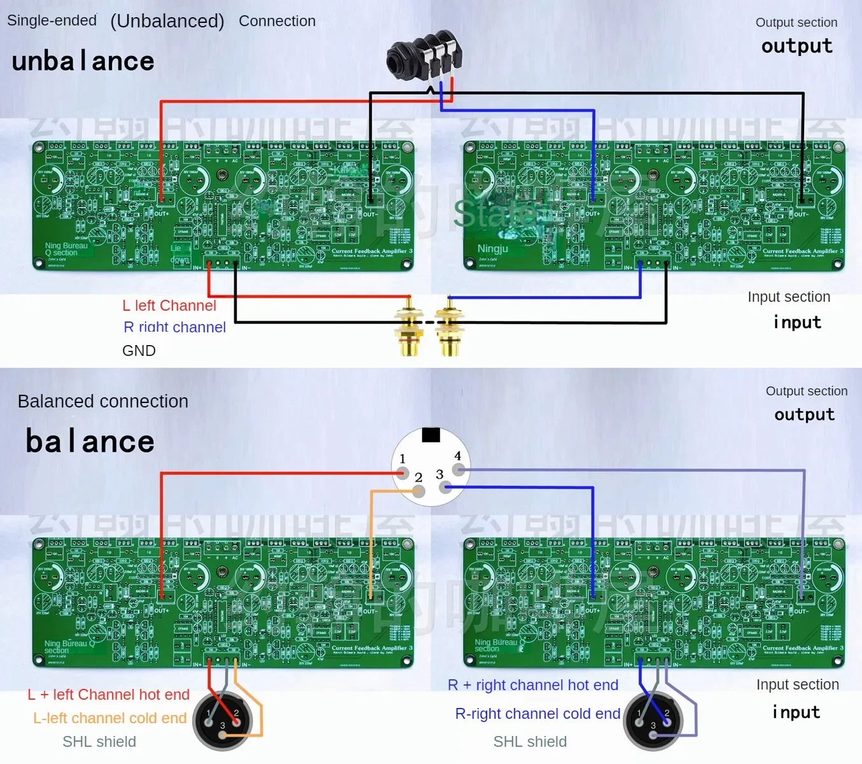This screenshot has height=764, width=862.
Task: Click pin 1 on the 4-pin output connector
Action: pyautogui.click(x=402, y=473)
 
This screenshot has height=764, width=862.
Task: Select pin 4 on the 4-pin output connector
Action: pyautogui.click(x=458, y=470)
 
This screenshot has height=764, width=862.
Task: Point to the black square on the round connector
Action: pyautogui.click(x=431, y=435)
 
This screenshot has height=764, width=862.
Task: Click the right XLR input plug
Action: pyautogui.click(x=653, y=721)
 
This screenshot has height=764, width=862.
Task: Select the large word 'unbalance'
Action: pyautogui.click(x=83, y=61)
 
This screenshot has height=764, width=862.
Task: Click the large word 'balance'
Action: pyautogui.click(x=90, y=441)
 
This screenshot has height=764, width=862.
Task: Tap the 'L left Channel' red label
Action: pyautogui.click(x=169, y=306)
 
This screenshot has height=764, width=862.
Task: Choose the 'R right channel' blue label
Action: pyautogui.click(x=174, y=327)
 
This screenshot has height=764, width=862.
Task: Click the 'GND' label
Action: pyautogui.click(x=139, y=351)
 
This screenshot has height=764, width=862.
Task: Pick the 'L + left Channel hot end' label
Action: pyautogui.click(x=108, y=695)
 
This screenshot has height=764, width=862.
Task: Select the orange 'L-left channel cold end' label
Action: pyautogui.click(x=110, y=718)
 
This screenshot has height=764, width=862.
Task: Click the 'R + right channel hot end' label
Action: pyautogui.click(x=533, y=685)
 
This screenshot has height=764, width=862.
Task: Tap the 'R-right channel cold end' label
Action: pyautogui.click(x=537, y=714)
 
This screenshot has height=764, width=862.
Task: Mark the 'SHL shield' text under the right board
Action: pyautogui.click(x=530, y=742)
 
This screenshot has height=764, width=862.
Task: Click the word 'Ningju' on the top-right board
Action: pyautogui.click(x=493, y=248)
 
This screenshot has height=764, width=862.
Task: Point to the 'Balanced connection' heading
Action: pyautogui.click(x=103, y=401)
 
